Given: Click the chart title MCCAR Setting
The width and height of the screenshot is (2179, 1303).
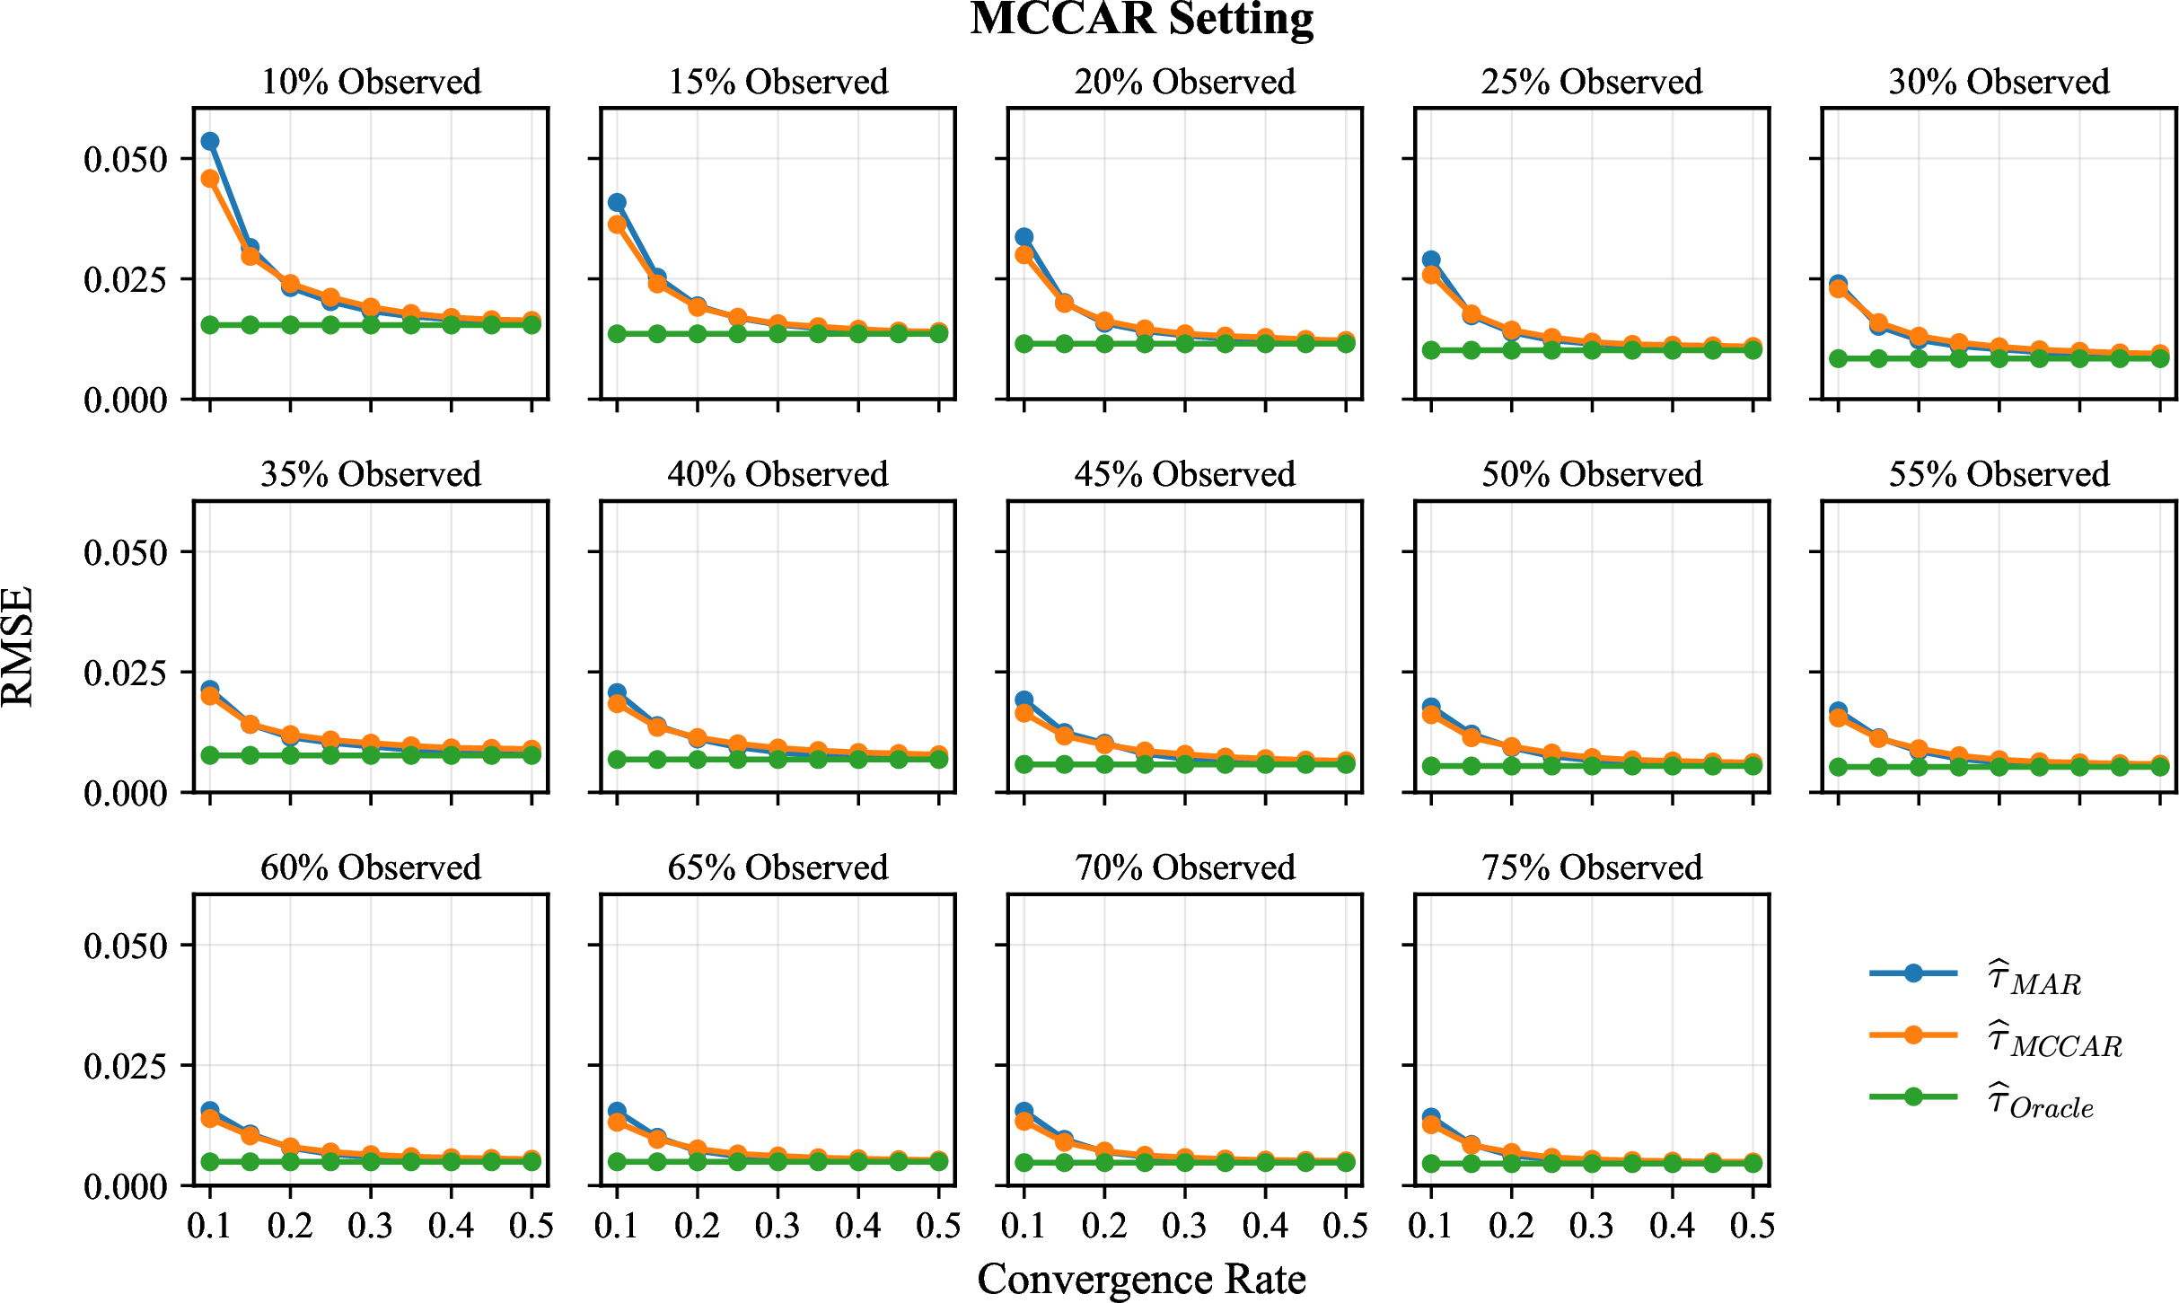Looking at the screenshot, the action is tap(1141, 20).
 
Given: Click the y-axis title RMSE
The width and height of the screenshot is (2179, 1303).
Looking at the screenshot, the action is tap(18, 647).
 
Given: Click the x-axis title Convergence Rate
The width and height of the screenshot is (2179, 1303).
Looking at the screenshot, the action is tap(1141, 1278).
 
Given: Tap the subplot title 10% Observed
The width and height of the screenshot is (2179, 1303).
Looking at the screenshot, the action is tap(371, 82).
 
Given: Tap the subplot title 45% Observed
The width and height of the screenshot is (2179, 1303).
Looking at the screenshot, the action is tap(1185, 474).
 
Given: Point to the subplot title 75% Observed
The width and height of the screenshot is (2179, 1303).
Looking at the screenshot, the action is tap(1592, 867).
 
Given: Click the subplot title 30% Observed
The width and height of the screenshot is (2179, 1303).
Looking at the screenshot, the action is tap(1999, 82).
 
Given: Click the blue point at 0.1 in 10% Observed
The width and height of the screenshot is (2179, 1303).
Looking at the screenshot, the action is tap(210, 141).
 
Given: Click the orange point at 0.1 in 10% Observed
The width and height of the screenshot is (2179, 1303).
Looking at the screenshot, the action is tap(210, 179).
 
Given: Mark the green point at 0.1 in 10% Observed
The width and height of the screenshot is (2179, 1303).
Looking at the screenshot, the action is tap(210, 324).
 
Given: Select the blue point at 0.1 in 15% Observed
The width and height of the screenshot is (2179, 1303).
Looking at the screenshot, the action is tap(617, 203).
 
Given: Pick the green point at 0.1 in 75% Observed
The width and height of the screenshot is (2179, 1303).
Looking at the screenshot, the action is tap(1431, 1164).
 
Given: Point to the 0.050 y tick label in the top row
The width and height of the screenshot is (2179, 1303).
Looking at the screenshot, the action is tap(126, 160).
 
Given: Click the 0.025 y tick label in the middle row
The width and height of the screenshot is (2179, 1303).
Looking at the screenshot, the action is tap(126, 673).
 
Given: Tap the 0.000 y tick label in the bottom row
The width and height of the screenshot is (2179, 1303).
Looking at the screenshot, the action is tap(126, 1187).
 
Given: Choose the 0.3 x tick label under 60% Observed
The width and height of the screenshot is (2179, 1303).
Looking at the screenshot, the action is tap(371, 1226).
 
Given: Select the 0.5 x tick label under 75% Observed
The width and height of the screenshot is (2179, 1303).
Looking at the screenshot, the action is tap(1753, 1226).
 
